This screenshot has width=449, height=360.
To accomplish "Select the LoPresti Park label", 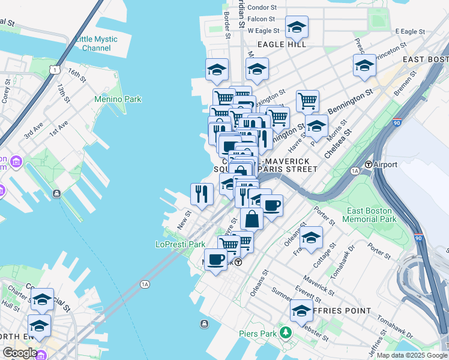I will [x=180, y=244].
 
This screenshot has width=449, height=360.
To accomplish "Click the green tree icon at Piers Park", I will [x=287, y=332].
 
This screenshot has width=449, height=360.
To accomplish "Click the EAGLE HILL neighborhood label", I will [x=282, y=44].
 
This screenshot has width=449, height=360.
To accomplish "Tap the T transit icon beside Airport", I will [x=369, y=164].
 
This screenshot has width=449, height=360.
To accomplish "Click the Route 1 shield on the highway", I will [x=55, y=70].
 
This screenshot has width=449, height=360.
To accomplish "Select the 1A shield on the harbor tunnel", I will [x=145, y=284].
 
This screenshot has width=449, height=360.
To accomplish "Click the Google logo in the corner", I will [x=20, y=353].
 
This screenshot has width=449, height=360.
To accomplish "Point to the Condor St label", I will [x=262, y=8].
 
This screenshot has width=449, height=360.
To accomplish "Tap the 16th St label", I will [x=77, y=76].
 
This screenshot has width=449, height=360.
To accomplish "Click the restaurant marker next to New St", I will [x=202, y=194].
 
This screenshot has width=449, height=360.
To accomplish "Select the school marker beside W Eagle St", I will [x=297, y=27].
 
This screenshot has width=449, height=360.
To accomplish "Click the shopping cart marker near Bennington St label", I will [x=307, y=101].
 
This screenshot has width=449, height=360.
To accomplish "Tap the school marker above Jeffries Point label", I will [x=301, y=311].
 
